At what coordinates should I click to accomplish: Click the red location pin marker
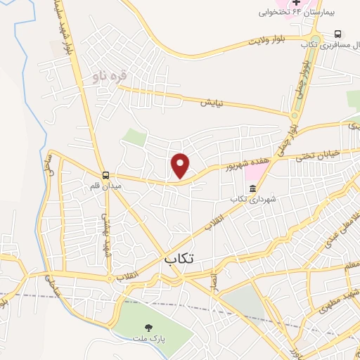[x=181, y=165]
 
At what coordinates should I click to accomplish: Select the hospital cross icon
[x=297, y=2]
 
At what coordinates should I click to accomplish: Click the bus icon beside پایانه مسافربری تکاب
[x=338, y=33]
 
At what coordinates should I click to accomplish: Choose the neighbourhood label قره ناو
[x=115, y=76]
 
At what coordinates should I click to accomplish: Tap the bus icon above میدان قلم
[x=105, y=175]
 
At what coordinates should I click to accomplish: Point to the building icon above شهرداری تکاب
[x=252, y=188]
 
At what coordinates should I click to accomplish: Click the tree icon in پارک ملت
[x=148, y=326]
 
